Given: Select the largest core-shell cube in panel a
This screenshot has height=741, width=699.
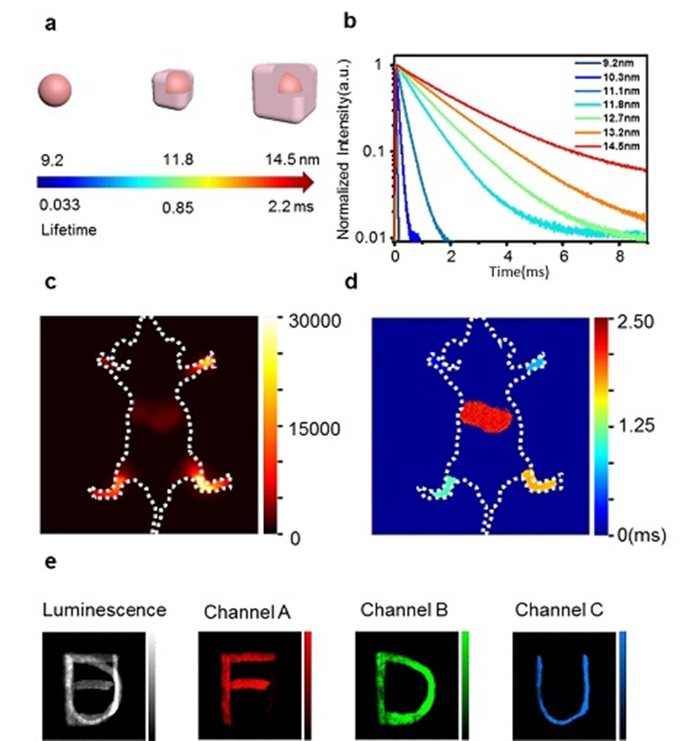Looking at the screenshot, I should coord(284,89).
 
